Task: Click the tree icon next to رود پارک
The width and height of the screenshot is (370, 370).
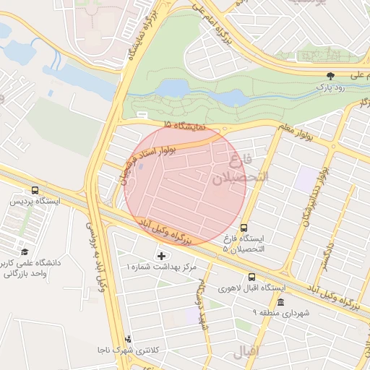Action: click(x=331, y=75)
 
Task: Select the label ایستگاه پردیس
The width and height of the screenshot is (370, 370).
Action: click(x=35, y=201)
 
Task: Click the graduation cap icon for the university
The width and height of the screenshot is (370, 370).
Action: click(x=25, y=251)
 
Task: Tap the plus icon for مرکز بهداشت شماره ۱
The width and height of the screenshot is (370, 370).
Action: click(x=160, y=255)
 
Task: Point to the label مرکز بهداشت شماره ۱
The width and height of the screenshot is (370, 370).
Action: click(x=161, y=267)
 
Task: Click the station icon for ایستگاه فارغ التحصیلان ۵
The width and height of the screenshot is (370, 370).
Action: click(x=243, y=227)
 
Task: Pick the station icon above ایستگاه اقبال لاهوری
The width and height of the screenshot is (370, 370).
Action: click(x=251, y=276)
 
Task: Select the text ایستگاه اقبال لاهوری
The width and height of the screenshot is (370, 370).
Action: click(x=251, y=288)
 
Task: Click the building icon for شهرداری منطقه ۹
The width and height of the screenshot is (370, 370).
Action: click(x=280, y=301)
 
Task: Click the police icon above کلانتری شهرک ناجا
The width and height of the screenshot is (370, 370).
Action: click(x=128, y=338)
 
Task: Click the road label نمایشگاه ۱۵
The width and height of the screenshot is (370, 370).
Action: click(x=185, y=126)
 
